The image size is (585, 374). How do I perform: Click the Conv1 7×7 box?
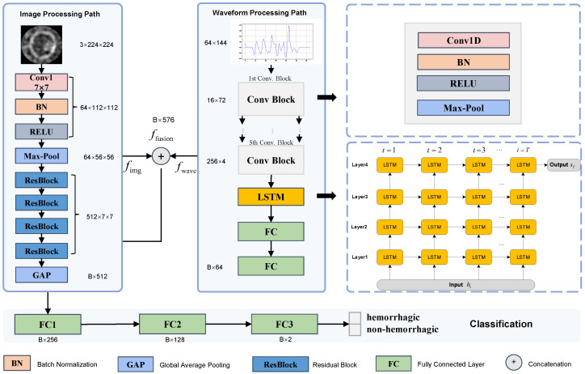pos(41,83)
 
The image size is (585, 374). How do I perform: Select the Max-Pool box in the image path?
pos(41,156)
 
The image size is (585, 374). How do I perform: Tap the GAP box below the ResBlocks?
pos(41,275)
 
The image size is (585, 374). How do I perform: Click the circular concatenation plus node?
pos(161,156)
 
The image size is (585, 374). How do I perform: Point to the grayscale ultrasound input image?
pos(41,45)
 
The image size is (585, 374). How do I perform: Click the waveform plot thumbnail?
pos(276,41)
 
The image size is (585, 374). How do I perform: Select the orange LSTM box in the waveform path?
pos(271,197)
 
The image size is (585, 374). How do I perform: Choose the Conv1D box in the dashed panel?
pos(463,40)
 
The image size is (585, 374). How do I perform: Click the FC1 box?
pos(48,325)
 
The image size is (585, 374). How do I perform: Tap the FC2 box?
pos(172,324)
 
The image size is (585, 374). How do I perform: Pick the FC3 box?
pos(284,324)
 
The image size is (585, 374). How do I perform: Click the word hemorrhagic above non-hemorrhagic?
pos(394,317)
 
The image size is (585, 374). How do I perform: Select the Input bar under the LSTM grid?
pos(456,285)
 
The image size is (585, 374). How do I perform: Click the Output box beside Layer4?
pos(563,165)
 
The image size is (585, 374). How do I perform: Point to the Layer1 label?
pos(360,257)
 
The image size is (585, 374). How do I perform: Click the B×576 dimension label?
pos(163,120)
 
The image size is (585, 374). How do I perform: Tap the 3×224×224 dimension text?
pos(96,45)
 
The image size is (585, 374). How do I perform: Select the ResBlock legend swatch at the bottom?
pos(280,364)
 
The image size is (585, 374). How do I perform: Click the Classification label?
pos(501,324)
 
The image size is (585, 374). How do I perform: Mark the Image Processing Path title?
pos(60,15)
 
